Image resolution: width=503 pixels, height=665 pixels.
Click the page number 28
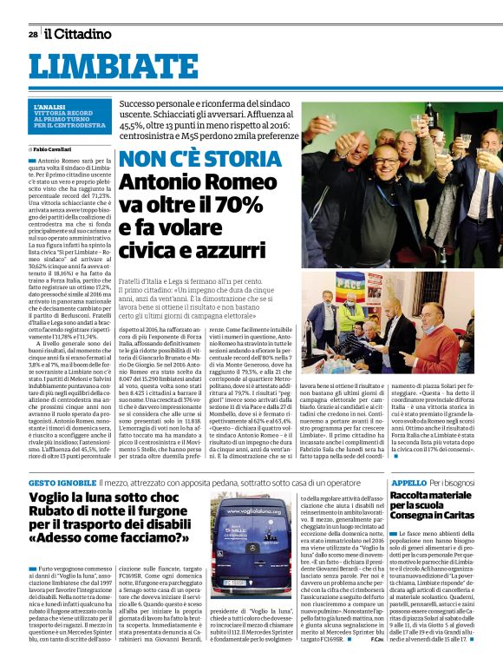[33, 34]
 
